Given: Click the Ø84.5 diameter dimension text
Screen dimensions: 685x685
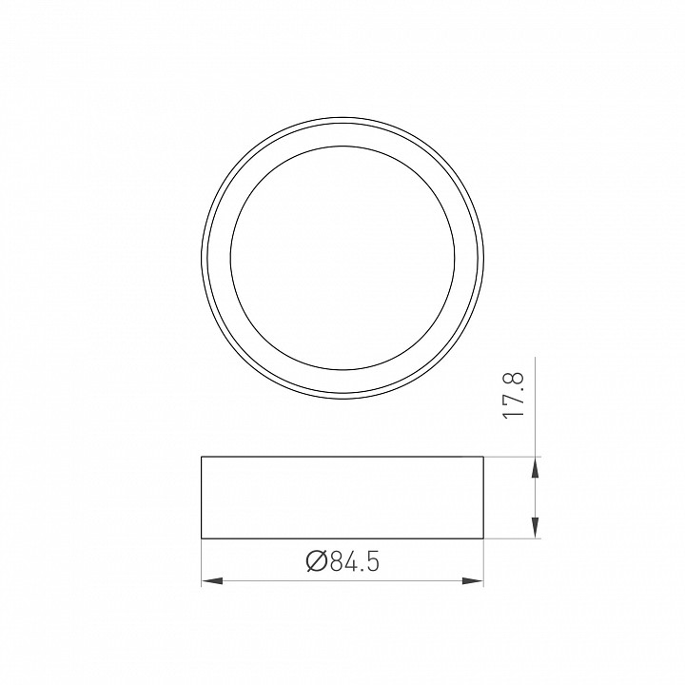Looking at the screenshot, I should click(342, 561).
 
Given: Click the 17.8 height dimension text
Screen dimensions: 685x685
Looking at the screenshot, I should click(514, 396).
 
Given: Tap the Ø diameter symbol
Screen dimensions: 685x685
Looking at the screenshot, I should click(317, 561).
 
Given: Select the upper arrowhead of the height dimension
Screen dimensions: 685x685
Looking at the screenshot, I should click(536, 467).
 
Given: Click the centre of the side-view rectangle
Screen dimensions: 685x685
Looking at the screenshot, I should click(342, 498).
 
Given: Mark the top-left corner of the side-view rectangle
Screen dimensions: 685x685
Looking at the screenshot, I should click(202, 458).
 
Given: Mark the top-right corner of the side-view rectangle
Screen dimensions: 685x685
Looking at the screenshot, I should click(483, 458).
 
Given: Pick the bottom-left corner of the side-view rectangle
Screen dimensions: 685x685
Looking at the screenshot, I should click(202, 538).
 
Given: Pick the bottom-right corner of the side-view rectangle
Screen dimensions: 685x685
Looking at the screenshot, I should click(483, 538).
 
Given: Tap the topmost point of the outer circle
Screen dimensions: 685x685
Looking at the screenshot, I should click(342, 122).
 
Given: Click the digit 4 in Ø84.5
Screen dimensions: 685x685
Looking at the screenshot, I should click(350, 561).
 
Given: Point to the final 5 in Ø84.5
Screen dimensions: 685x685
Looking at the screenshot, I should click(372, 561).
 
